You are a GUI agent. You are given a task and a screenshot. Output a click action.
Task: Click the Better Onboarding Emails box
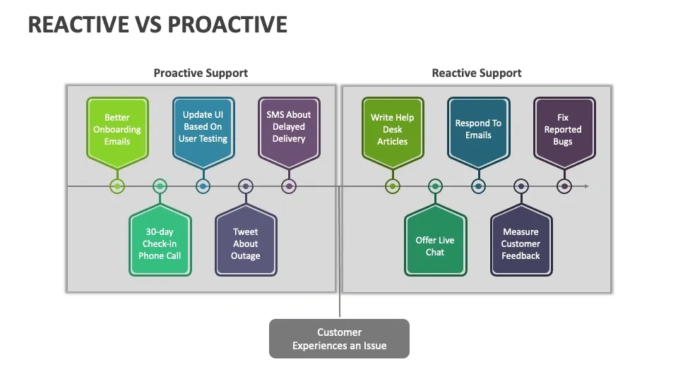tap(117, 129)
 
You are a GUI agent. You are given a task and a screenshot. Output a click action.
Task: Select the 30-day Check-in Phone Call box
tap(160, 243)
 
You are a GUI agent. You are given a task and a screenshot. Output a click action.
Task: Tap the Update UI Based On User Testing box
tap(203, 126)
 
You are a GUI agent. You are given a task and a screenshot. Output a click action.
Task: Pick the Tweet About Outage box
tap(246, 243)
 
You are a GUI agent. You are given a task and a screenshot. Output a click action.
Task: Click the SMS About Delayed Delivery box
tap(289, 126)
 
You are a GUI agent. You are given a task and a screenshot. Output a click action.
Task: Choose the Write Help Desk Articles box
tap(393, 129)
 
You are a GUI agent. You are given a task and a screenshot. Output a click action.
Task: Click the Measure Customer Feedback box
tap(521, 243)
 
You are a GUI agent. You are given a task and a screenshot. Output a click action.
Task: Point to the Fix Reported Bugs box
tap(563, 129)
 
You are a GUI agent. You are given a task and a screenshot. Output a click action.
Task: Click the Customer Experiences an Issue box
tap(339, 339)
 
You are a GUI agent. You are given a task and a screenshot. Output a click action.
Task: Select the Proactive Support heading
tap(201, 73)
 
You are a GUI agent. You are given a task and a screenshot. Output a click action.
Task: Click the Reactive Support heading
tap(477, 73)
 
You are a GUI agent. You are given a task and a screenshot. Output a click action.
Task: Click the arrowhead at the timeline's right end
tap(585, 186)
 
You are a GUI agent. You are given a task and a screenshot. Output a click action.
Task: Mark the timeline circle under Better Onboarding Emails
tap(117, 186)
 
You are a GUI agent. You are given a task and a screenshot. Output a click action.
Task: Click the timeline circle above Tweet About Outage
tap(246, 186)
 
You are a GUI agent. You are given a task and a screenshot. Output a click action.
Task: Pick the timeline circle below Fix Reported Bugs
tap(564, 186)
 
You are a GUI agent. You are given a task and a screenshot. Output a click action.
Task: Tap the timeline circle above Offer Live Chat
tap(435, 186)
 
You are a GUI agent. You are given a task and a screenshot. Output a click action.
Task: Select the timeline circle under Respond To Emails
tap(478, 186)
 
